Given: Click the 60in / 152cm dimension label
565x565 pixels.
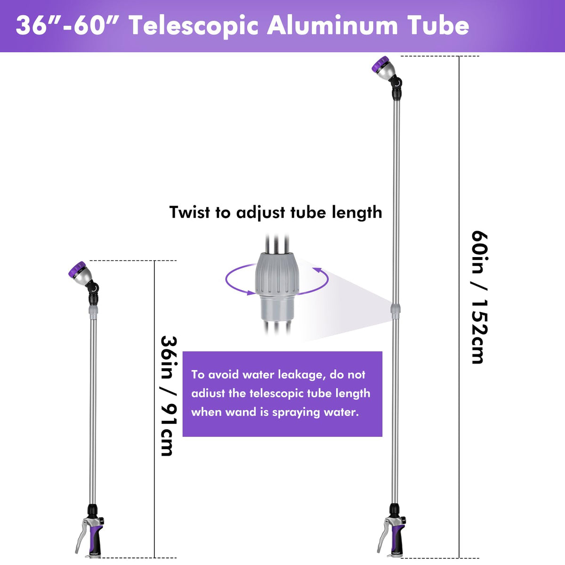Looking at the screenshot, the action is [480, 297].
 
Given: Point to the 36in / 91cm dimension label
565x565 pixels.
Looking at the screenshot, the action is [169, 396].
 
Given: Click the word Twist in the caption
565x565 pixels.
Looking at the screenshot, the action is [190, 212].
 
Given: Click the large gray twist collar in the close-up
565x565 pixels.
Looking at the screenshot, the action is [277, 274].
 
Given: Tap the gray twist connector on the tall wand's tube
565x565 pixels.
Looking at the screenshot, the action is [395, 311].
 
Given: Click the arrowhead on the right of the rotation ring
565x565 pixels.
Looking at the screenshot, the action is [317, 270].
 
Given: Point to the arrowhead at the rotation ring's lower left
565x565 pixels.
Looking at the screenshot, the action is [251, 292].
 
